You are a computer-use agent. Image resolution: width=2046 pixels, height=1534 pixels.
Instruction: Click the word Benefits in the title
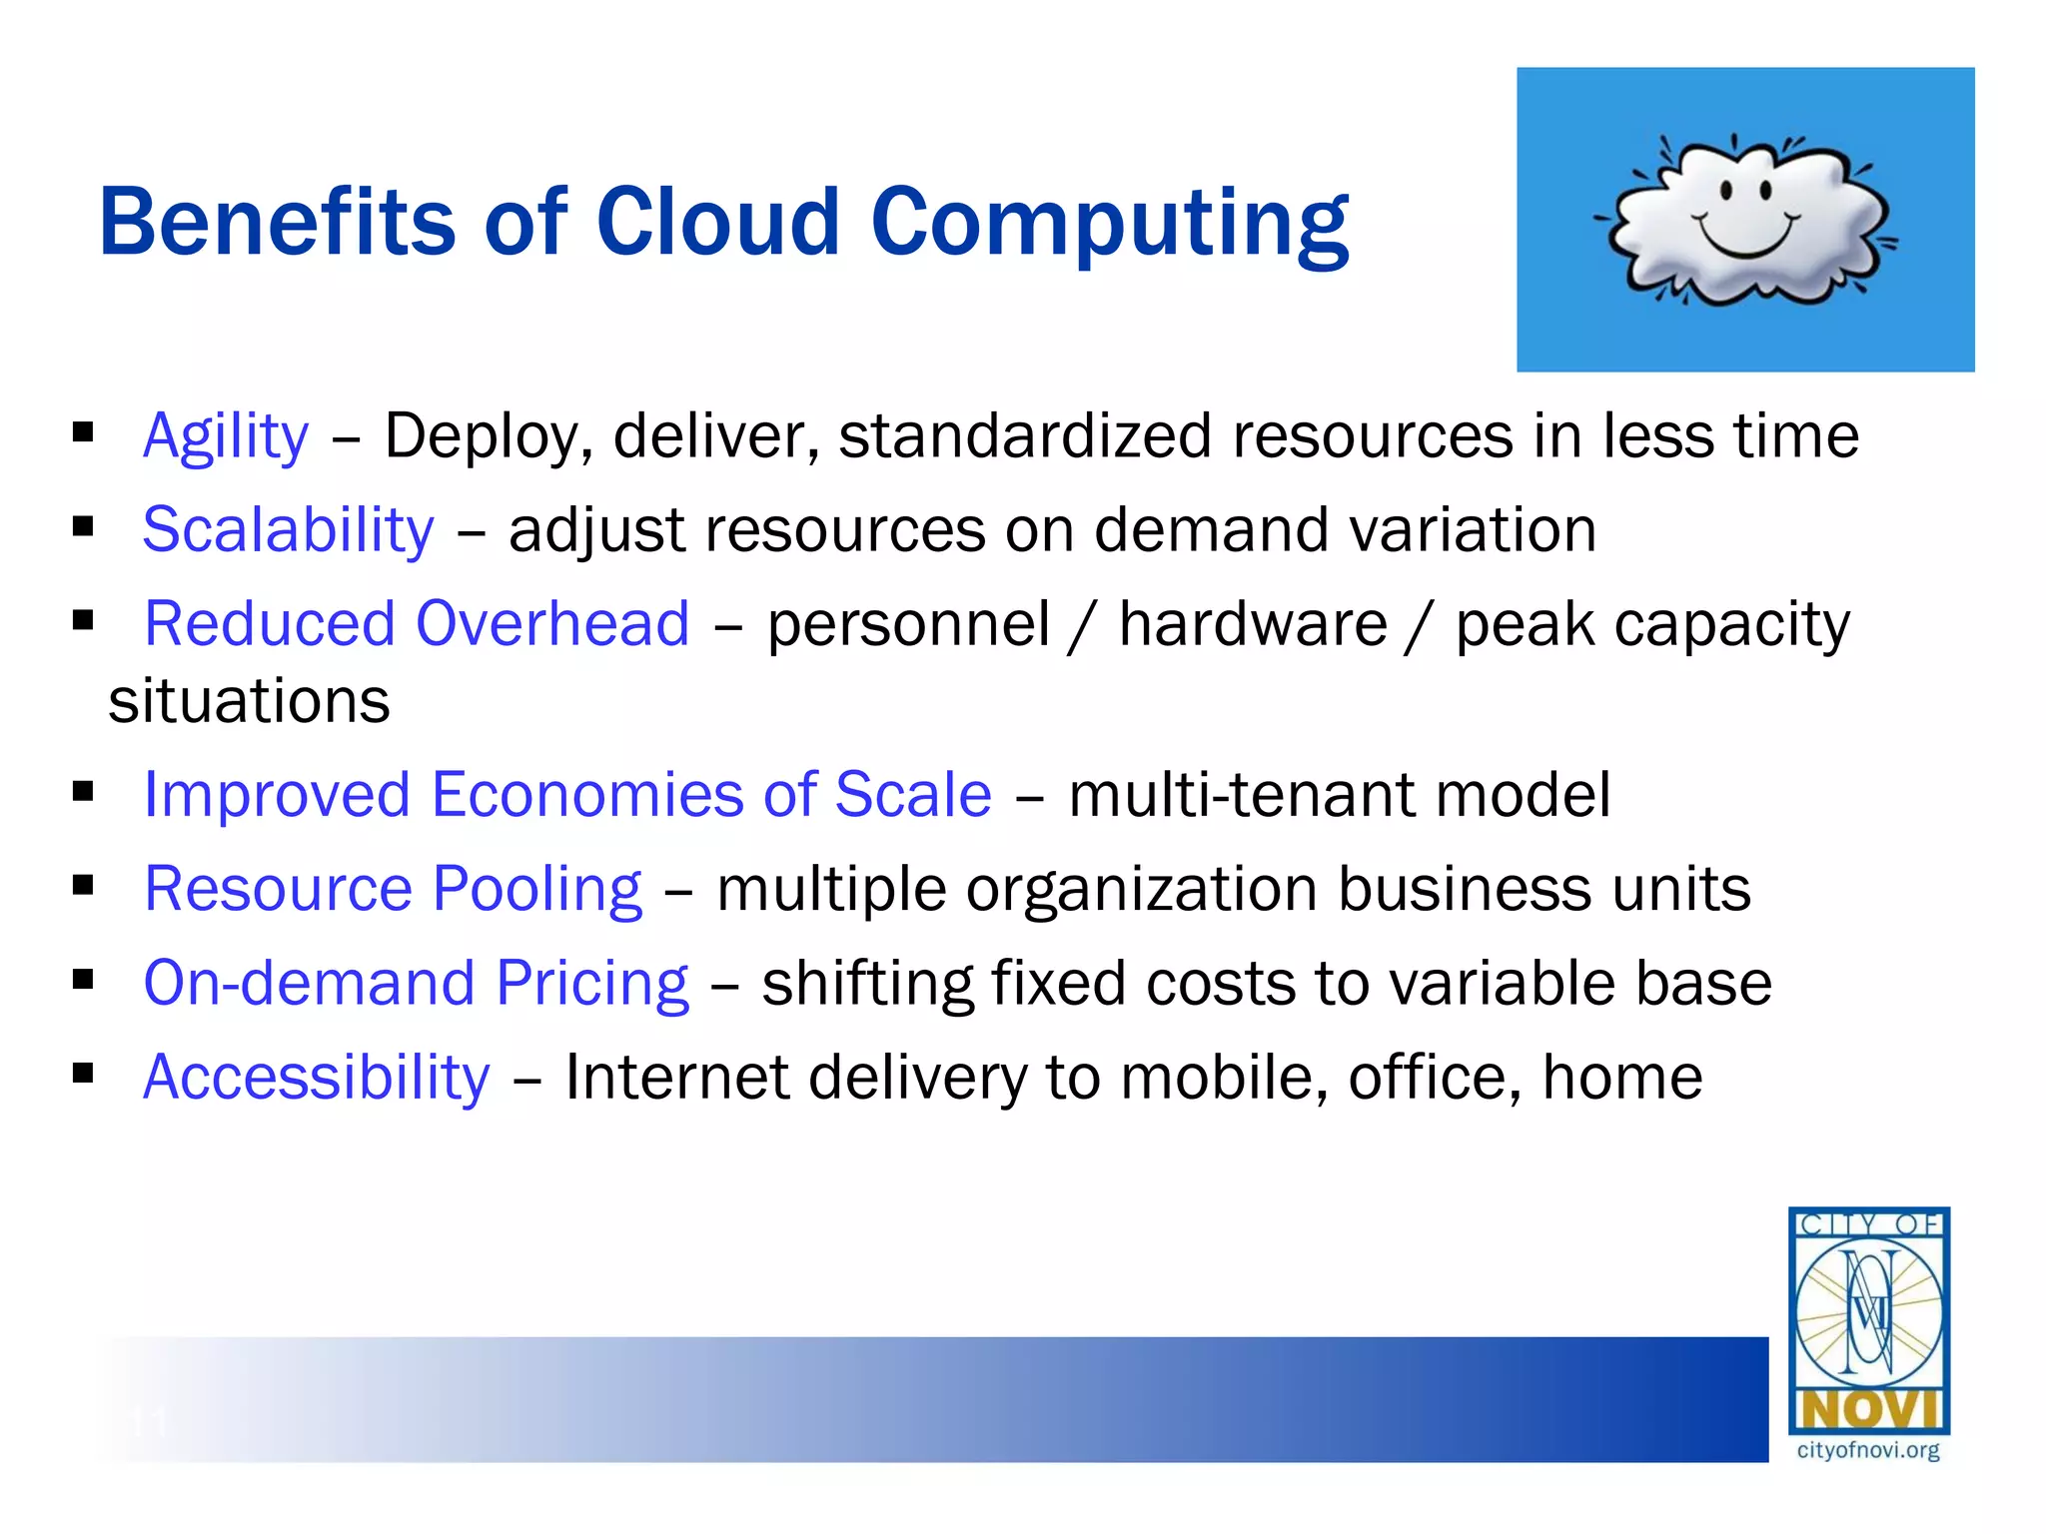[x=277, y=222]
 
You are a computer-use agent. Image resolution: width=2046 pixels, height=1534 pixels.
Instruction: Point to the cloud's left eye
[x=1727, y=189]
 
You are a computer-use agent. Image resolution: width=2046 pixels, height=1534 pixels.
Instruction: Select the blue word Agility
[x=226, y=436]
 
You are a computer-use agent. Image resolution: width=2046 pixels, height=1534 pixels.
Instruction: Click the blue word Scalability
[x=288, y=529]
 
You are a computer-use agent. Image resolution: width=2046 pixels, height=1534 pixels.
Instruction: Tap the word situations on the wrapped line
[x=249, y=700]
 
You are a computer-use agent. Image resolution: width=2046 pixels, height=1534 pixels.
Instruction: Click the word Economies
[x=587, y=795]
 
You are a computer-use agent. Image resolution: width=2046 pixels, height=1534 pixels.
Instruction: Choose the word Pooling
[x=536, y=889]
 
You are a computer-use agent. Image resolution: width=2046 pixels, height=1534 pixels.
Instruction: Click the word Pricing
[x=591, y=983]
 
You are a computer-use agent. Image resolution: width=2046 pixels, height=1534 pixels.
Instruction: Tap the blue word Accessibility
[x=316, y=1078]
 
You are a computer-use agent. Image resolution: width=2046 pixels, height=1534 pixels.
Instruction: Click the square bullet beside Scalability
[x=83, y=526]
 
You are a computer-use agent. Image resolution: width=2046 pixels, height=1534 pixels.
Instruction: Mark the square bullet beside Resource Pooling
[x=83, y=885]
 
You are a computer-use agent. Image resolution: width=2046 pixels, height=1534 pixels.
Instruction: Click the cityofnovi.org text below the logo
[x=1867, y=1450]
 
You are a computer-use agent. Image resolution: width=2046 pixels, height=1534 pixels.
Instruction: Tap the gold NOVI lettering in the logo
[x=1867, y=1410]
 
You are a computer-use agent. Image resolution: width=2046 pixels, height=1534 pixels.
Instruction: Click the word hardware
[x=1253, y=624]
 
